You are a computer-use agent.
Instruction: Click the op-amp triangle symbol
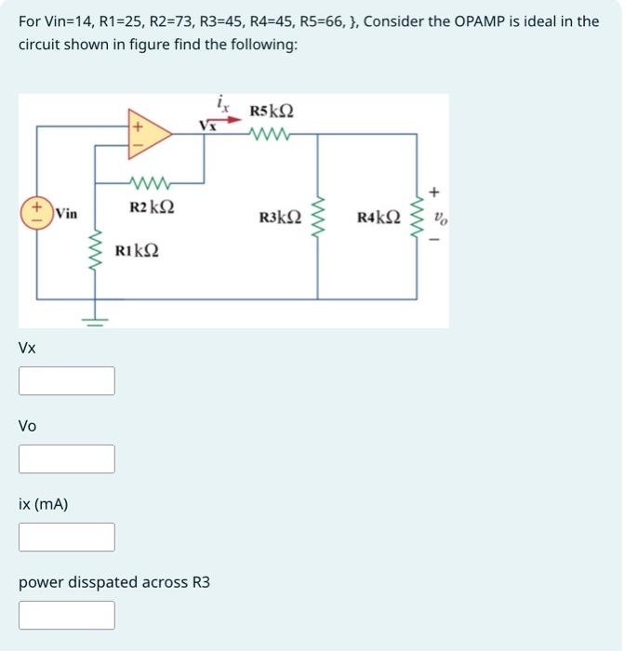[149, 133]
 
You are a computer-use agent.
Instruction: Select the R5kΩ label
[273, 112]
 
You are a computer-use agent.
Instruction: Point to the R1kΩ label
[136, 250]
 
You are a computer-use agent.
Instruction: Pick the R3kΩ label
[280, 219]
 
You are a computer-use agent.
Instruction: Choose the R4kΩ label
[379, 219]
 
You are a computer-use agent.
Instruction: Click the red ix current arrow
[220, 118]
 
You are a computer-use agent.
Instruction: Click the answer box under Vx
[67, 380]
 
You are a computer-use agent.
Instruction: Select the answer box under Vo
[67, 458]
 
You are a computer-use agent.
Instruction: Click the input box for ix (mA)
[67, 537]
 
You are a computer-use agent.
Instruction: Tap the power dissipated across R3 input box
[67, 615]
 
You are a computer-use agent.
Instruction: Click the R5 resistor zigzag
[273, 134]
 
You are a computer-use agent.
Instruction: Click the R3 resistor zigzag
[318, 217]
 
